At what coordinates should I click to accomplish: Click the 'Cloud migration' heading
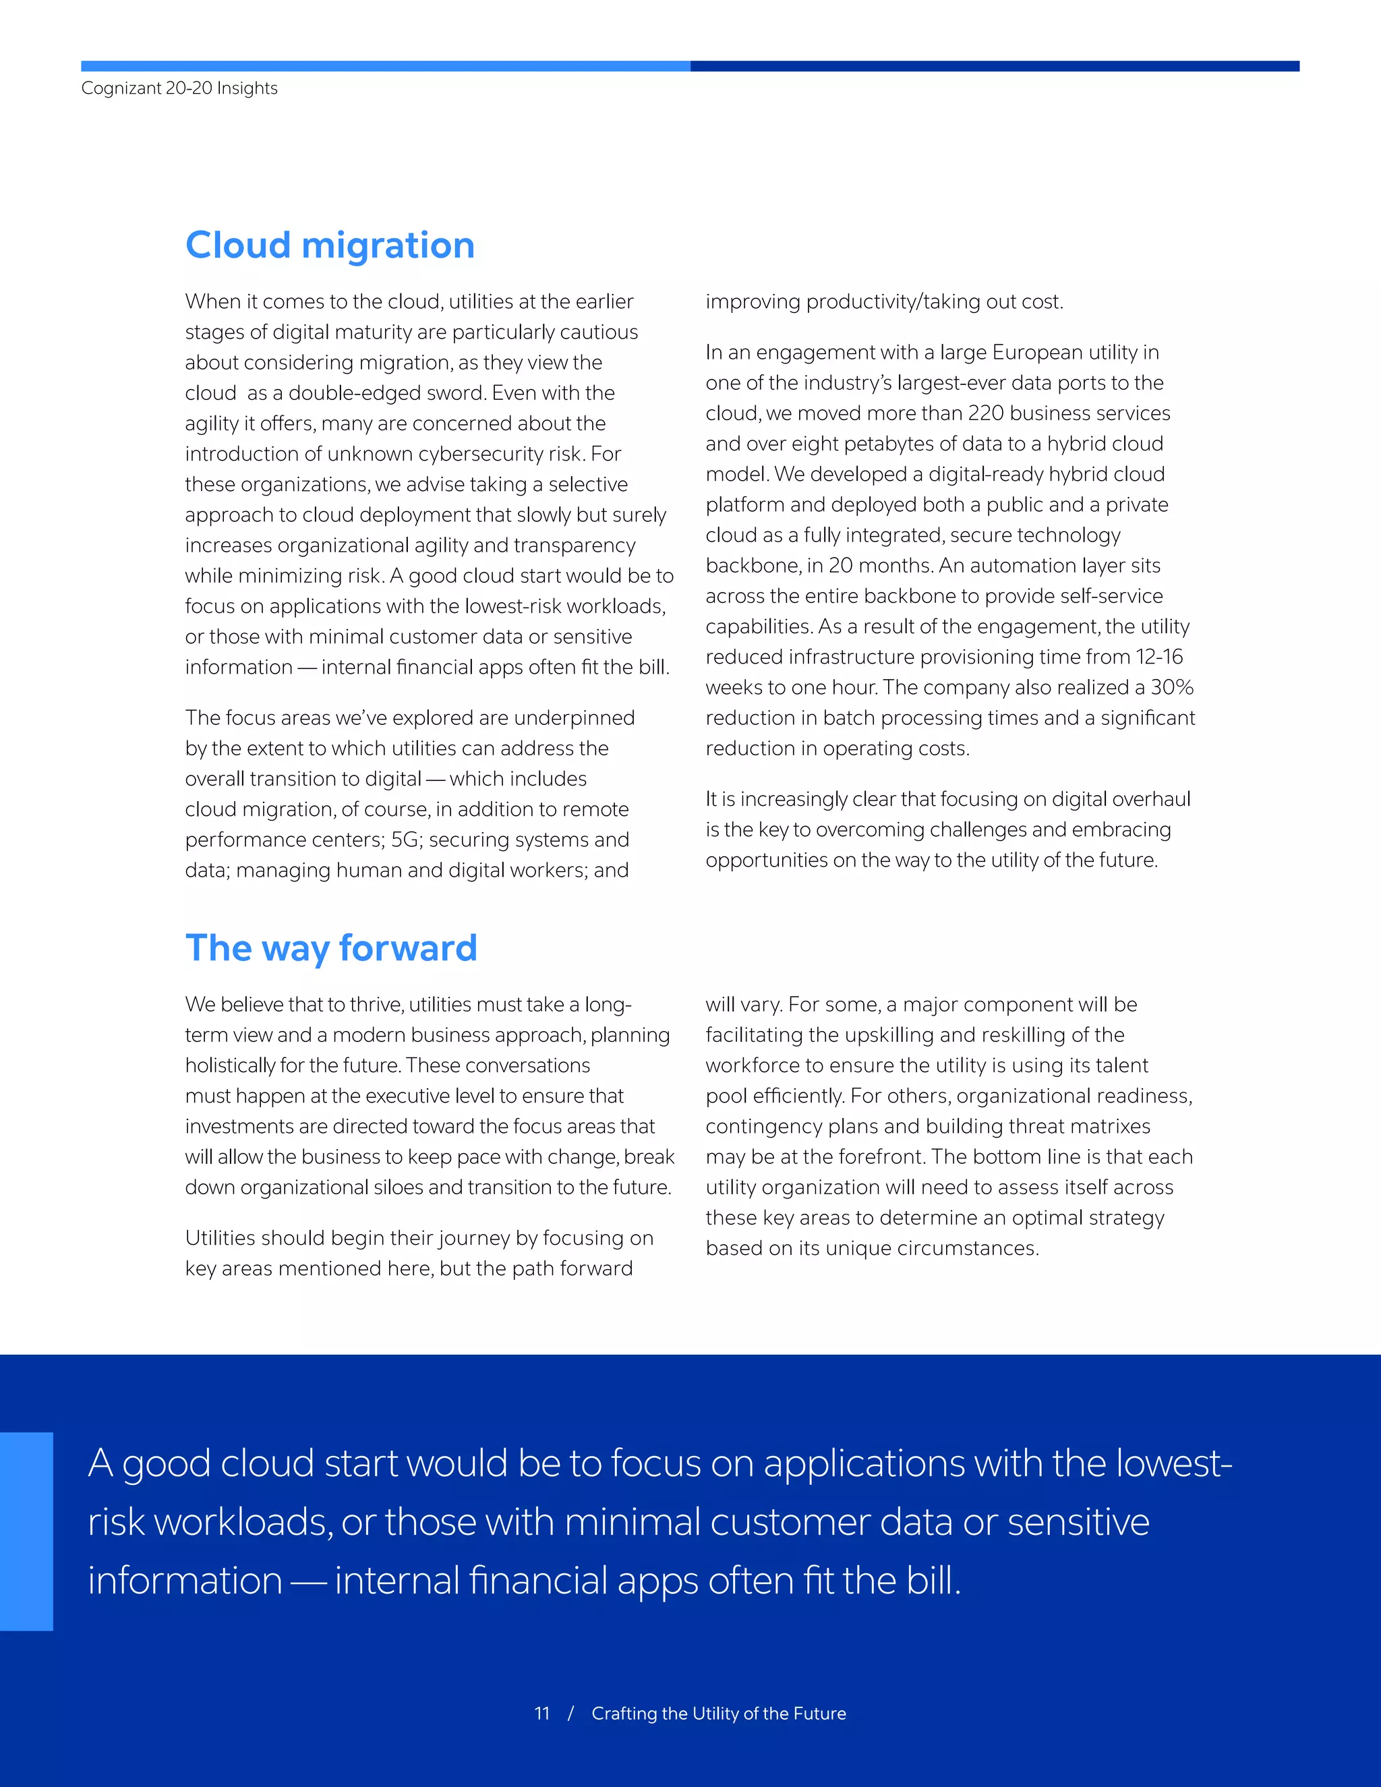click(330, 245)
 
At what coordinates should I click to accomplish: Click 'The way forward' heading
click(330, 948)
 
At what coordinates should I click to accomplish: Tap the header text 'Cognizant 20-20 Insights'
click(179, 88)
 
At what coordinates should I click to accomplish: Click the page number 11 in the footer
click(541, 1713)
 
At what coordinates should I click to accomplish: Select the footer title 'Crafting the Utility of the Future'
click(718, 1713)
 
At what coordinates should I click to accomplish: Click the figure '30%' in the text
click(1171, 687)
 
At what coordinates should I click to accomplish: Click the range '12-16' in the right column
click(1158, 657)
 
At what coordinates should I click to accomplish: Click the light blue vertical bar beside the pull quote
click(26, 1531)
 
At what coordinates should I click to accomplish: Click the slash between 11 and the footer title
click(570, 1713)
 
